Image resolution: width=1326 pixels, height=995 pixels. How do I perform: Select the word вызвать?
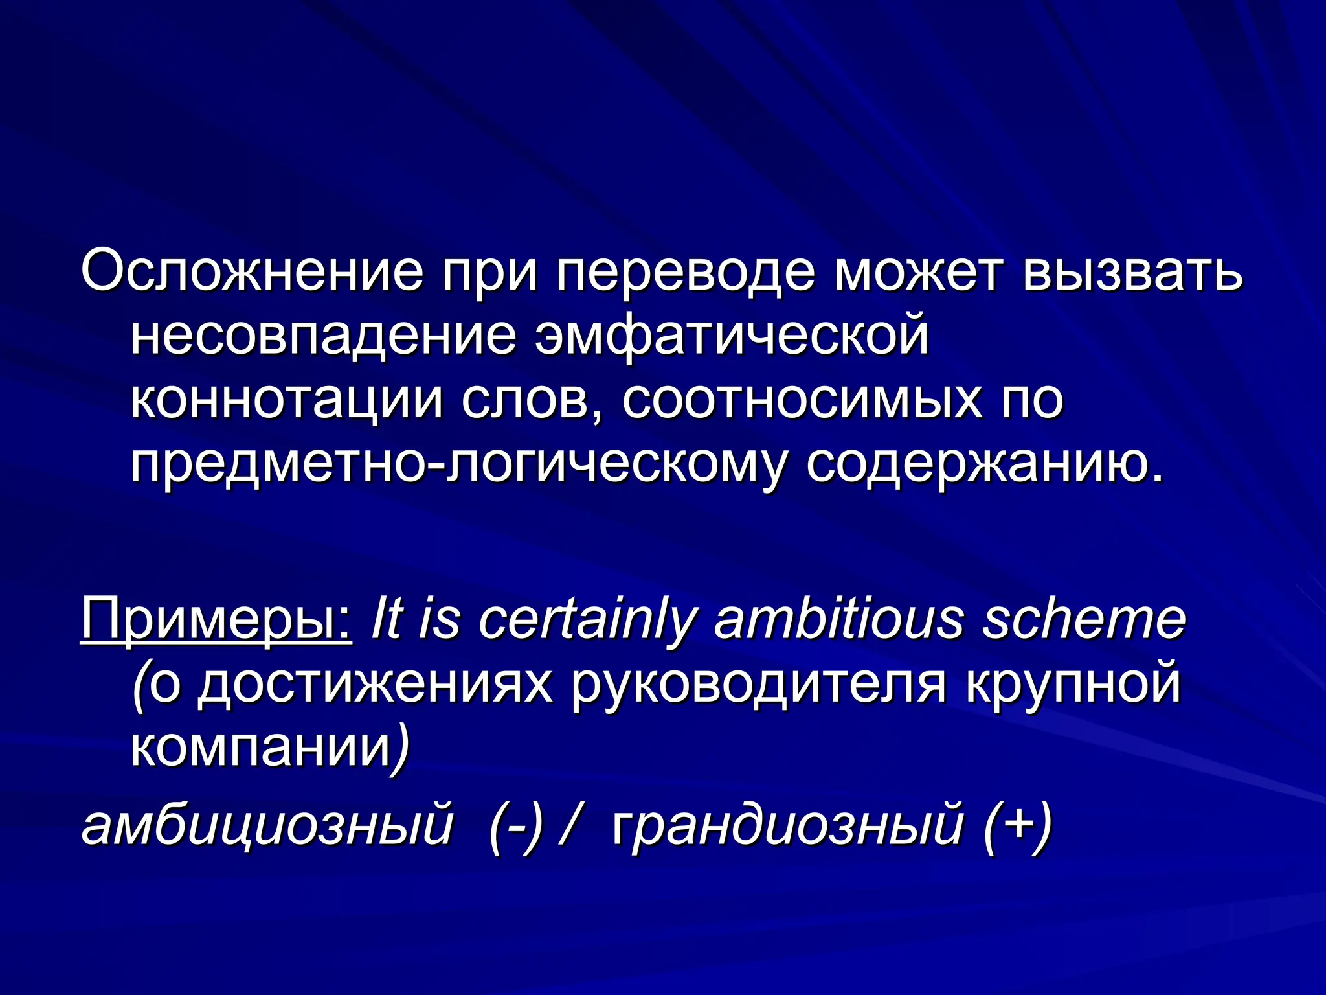click(x=1132, y=271)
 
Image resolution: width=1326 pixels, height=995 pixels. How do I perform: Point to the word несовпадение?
click(x=324, y=335)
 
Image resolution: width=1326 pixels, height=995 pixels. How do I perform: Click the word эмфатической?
click(x=732, y=335)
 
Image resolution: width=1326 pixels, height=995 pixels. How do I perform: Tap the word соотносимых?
click(x=803, y=399)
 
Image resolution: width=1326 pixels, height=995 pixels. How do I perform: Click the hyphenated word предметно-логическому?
click(x=460, y=464)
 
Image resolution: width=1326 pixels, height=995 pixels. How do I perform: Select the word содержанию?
click(x=984, y=464)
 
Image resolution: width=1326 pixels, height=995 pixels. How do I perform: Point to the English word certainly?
click(x=586, y=619)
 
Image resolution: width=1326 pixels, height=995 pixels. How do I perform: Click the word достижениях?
click(x=376, y=685)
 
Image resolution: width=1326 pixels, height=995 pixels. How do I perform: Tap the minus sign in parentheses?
click(x=516, y=826)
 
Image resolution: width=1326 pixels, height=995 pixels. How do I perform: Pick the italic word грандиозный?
click(x=787, y=826)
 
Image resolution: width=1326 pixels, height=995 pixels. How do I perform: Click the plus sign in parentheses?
click(x=1017, y=826)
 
